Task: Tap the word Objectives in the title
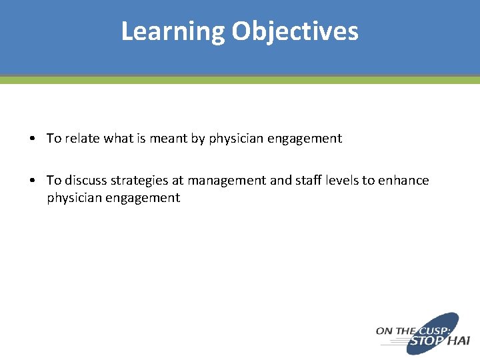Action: tap(295, 31)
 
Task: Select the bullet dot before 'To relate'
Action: tap(33, 139)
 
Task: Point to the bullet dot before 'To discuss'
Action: tap(33, 181)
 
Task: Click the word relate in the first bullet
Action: tap(81, 139)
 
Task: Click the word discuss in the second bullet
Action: tap(86, 181)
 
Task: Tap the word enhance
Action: tap(404, 181)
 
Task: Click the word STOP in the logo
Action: tap(425, 341)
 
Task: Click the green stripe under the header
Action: tap(240, 80)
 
